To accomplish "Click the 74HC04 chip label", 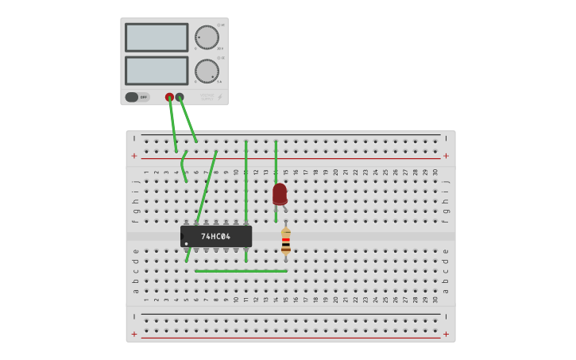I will click(x=215, y=236).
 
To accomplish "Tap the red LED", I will click(x=280, y=193).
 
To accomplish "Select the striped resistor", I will click(x=285, y=242).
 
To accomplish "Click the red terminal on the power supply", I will click(x=169, y=97).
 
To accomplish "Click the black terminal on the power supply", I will click(x=180, y=97).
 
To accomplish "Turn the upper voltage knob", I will click(x=207, y=37).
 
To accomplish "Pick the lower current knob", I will click(x=207, y=71).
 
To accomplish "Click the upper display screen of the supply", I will click(x=157, y=37).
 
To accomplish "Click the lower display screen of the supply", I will click(x=157, y=71).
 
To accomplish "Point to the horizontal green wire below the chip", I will click(x=241, y=271).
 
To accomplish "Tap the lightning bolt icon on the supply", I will click(x=220, y=97).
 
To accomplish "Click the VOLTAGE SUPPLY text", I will click(x=207, y=97).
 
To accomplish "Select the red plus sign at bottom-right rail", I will click(x=446, y=334).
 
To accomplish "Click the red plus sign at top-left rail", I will click(x=134, y=156).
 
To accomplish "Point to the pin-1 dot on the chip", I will click(x=187, y=243).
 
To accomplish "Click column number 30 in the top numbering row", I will click(x=435, y=172).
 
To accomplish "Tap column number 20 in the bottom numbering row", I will click(x=335, y=300).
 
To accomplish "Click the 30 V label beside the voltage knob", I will click(x=219, y=48).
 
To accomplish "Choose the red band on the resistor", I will click(x=285, y=240).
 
